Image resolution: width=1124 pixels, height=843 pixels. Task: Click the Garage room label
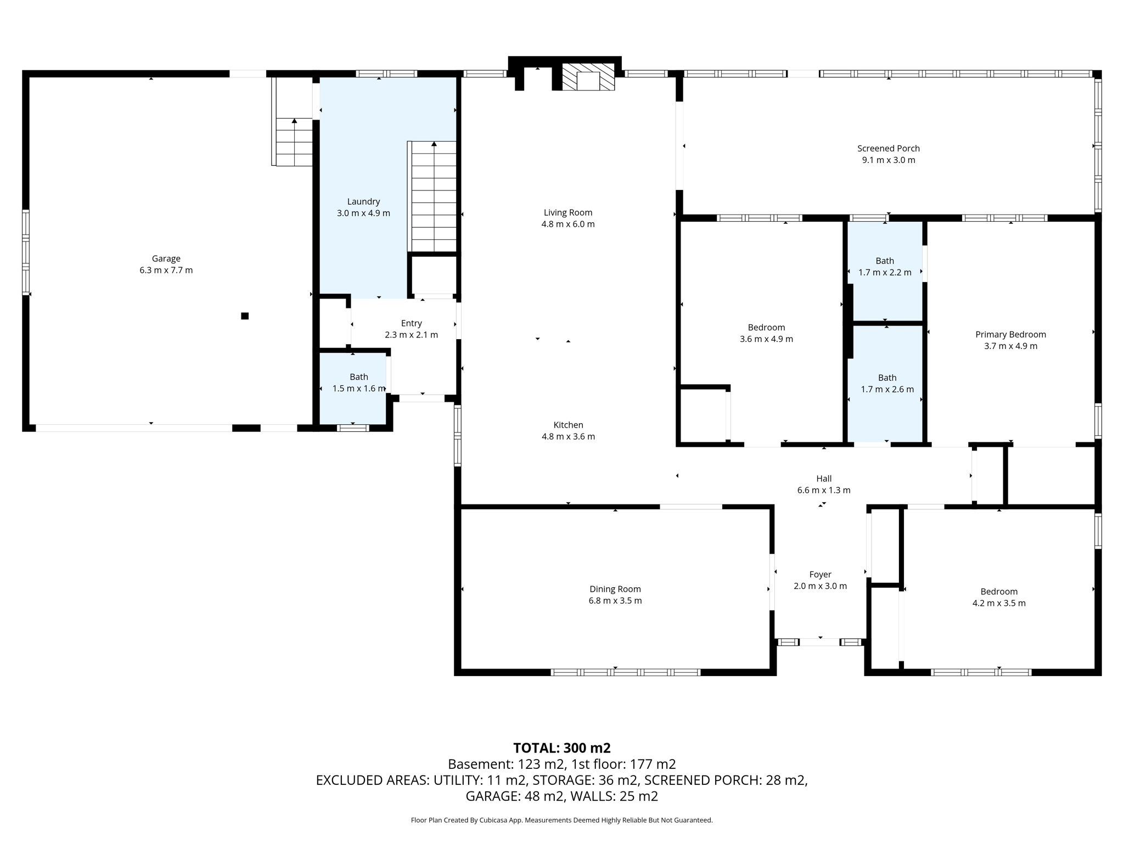click(x=166, y=258)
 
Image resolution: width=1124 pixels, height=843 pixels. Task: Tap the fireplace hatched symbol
click(x=588, y=77)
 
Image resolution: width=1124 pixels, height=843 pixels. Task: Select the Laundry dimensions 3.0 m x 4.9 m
click(x=363, y=213)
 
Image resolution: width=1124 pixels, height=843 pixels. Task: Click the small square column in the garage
click(x=245, y=316)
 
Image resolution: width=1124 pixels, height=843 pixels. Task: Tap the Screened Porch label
click(x=888, y=148)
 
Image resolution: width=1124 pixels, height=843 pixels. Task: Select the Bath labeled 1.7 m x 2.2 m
click(x=885, y=267)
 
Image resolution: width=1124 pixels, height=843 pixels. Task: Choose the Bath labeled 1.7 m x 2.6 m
click(x=887, y=384)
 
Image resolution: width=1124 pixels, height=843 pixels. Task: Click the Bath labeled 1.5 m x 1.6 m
click(x=358, y=383)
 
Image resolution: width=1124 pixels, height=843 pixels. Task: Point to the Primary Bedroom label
click(x=1010, y=334)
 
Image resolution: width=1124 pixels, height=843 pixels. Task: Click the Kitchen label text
click(x=568, y=425)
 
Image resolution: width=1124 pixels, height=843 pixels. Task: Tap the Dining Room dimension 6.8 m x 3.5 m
click(x=615, y=601)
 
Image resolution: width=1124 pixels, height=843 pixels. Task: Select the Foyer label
click(x=820, y=575)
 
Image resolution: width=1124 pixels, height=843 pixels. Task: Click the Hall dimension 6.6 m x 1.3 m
click(x=823, y=490)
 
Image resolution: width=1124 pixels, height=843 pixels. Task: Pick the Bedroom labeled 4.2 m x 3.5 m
click(x=998, y=597)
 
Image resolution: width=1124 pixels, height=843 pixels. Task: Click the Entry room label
click(x=411, y=323)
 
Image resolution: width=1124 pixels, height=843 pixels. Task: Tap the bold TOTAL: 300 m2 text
click(x=561, y=748)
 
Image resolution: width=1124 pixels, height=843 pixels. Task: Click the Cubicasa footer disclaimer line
click(x=561, y=820)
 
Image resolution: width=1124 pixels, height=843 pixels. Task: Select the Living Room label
click(x=567, y=212)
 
